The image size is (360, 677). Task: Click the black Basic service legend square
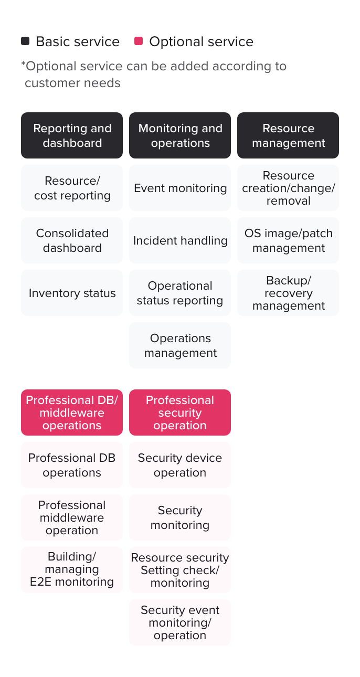pos(25,41)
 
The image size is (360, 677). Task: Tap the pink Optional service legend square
pos(139,41)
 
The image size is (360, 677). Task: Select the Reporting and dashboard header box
pos(72,135)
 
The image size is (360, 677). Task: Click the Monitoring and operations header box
pos(180,135)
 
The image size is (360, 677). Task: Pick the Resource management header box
pos(288,135)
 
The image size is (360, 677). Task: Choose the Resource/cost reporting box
pos(72,188)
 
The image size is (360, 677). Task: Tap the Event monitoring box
pos(180,188)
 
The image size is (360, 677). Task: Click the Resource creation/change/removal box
pos(288,188)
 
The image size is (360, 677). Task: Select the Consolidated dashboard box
pos(72,240)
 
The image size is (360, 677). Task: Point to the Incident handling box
pos(180,240)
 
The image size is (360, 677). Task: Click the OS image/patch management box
pos(288,240)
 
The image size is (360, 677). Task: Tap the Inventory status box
pos(72,293)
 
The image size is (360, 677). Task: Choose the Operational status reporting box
pos(180,293)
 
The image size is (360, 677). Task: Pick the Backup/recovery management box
pos(288,293)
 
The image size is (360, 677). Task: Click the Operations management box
pos(180,345)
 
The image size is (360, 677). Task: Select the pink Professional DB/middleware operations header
pos(72,412)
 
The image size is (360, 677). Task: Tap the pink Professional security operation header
pos(180,412)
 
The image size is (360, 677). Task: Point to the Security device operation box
pos(180,465)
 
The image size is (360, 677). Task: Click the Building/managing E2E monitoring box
pos(72,569)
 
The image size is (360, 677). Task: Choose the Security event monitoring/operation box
pos(180,622)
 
